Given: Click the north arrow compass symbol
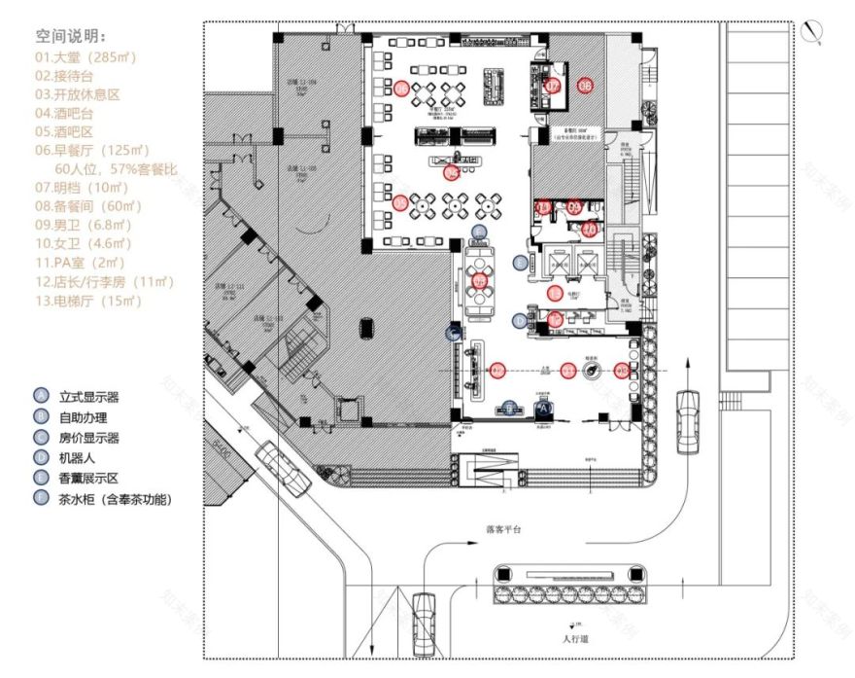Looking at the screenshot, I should click(812, 32).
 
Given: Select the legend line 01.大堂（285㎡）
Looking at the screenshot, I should click(85, 57).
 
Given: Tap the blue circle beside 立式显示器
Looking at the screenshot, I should click(40, 396).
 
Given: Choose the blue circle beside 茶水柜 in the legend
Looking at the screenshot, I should click(40, 499).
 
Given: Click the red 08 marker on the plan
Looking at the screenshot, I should click(585, 86).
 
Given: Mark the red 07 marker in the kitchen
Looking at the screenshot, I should click(553, 86).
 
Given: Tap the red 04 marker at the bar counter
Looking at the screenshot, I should click(450, 173).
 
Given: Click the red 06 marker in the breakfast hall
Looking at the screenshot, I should click(401, 89).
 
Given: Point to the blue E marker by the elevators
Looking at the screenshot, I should click(521, 262).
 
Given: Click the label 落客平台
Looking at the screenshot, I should click(504, 530).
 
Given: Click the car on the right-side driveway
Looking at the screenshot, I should click(687, 412).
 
